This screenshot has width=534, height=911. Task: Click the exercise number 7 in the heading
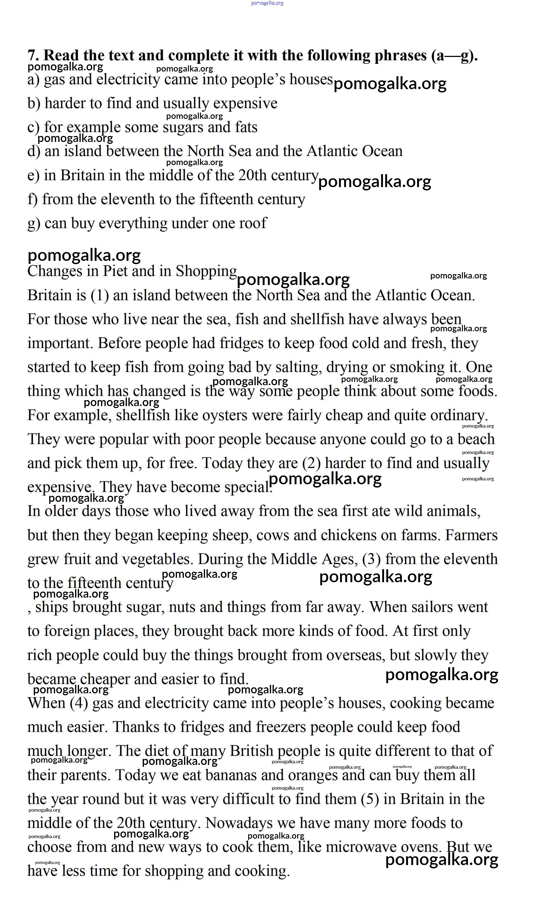coord(32,56)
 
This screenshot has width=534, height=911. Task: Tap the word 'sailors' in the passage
coord(430,607)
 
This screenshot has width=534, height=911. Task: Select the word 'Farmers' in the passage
coord(471,535)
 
